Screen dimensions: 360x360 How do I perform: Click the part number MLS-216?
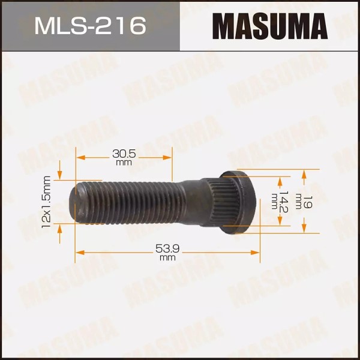click(x=90, y=25)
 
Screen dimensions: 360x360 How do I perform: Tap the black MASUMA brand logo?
click(x=270, y=26)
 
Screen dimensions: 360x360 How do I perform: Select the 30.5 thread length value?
click(x=124, y=154)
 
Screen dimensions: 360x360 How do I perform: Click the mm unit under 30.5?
click(x=124, y=163)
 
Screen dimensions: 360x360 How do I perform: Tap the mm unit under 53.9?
click(x=167, y=257)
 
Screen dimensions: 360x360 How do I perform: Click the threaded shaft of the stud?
click(x=138, y=201)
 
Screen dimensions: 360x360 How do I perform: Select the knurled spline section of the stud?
click(x=207, y=201)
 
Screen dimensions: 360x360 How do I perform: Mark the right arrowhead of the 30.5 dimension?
click(x=169, y=157)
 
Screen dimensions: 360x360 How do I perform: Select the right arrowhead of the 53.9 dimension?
click(x=256, y=252)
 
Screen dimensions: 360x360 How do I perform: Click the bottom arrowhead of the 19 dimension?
click(x=304, y=227)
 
